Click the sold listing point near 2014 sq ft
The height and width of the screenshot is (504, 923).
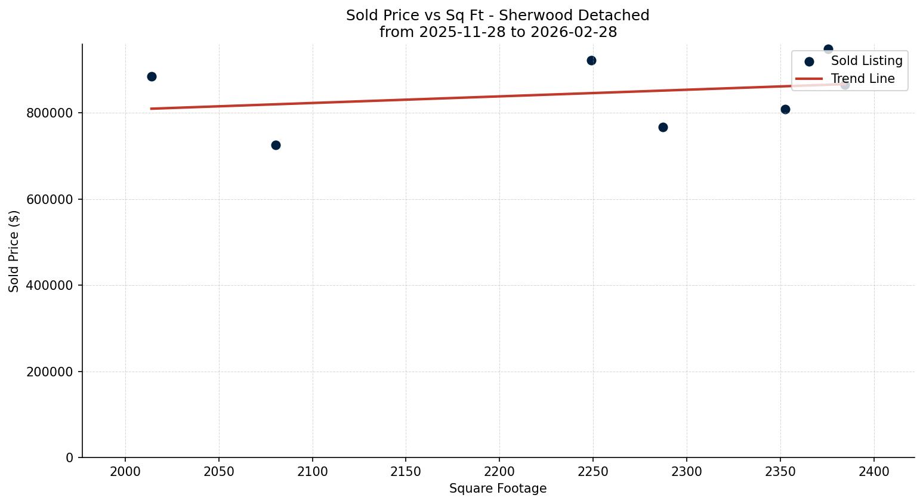pyautogui.click(x=152, y=76)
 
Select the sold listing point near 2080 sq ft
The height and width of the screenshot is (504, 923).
pyautogui.click(x=276, y=145)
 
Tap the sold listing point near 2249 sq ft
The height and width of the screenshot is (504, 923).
pyautogui.click(x=591, y=60)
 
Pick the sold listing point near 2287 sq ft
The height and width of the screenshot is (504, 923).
pyautogui.click(x=663, y=127)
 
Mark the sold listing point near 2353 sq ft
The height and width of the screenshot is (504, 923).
pyautogui.click(x=785, y=109)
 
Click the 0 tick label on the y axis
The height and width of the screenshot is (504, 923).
pyautogui.click(x=70, y=458)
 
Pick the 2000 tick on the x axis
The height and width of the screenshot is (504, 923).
pyautogui.click(x=125, y=472)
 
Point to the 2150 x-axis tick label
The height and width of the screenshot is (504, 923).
pyautogui.click(x=406, y=472)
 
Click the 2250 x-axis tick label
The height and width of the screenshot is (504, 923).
pyautogui.click(x=593, y=472)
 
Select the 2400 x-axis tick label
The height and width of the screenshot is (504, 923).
pyautogui.click(x=873, y=472)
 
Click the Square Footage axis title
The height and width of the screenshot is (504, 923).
pyautogui.click(x=498, y=488)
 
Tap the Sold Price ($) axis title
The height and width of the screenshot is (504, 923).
pyautogui.click(x=14, y=251)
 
